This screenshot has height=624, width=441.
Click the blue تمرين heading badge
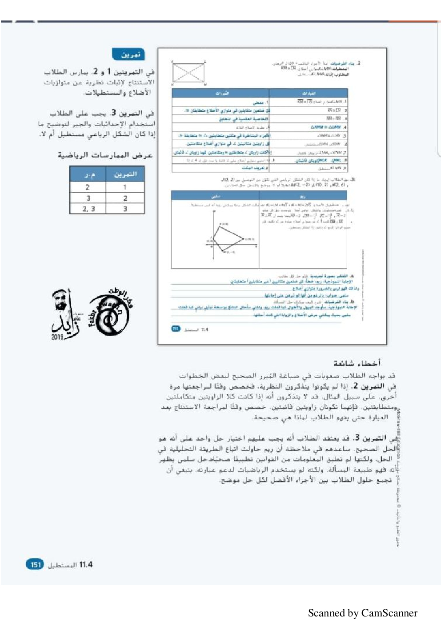tap(128, 54)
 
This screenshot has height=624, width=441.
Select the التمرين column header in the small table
tap(125, 174)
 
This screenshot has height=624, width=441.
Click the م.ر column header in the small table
tap(88, 174)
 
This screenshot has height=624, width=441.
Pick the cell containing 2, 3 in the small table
tap(88, 208)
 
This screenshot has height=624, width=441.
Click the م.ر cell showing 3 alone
tap(88, 198)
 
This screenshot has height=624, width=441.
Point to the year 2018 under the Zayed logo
tap(57, 337)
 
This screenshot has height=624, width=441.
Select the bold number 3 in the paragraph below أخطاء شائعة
tap(356, 438)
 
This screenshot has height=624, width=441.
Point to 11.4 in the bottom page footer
tap(86, 564)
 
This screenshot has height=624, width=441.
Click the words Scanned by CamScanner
tap(363, 613)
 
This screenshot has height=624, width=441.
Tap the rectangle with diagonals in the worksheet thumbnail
tap(188, 73)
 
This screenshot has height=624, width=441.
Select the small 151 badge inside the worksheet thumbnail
tap(176, 328)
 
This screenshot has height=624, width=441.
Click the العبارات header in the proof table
tap(309, 93)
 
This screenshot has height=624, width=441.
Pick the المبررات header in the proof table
tap(221, 93)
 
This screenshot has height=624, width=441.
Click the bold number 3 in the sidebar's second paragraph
tap(114, 113)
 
